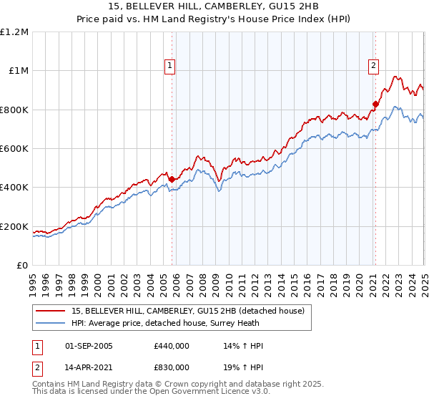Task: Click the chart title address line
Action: (214, 7)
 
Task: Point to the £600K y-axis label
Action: (14, 149)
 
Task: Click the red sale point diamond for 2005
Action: (172, 180)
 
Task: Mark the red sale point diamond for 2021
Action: (375, 104)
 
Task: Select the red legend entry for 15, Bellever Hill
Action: (188, 311)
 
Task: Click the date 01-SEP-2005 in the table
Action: (89, 346)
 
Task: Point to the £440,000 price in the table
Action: (172, 346)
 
